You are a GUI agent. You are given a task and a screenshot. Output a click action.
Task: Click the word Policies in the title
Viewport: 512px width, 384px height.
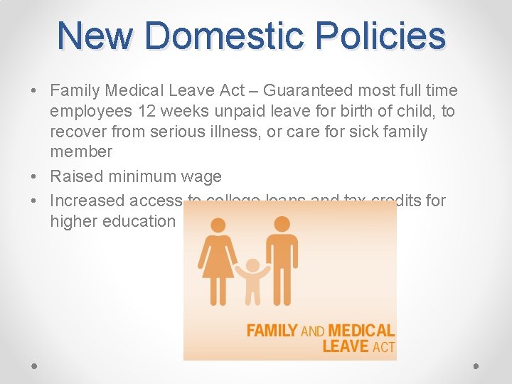click(x=381, y=36)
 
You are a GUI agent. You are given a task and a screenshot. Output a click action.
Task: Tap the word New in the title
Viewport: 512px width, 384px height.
click(x=93, y=36)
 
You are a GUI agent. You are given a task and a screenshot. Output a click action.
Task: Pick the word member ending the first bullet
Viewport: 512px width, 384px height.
click(x=81, y=152)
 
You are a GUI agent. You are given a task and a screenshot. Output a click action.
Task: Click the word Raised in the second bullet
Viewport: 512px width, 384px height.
click(x=75, y=176)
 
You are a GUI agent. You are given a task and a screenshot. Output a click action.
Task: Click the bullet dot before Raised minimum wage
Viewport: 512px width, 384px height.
click(x=33, y=177)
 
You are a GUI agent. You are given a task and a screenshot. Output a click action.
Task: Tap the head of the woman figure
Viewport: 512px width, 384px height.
click(x=217, y=224)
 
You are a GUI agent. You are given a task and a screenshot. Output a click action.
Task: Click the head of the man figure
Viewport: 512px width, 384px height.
click(x=282, y=224)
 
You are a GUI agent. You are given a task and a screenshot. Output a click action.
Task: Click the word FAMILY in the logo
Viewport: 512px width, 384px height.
click(x=272, y=331)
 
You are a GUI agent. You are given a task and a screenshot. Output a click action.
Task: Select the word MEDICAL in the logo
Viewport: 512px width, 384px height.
click(x=361, y=331)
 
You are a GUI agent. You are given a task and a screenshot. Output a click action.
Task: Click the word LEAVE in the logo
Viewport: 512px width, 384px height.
click(x=346, y=346)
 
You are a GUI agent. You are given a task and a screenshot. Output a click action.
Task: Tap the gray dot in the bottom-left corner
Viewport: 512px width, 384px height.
click(x=34, y=366)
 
